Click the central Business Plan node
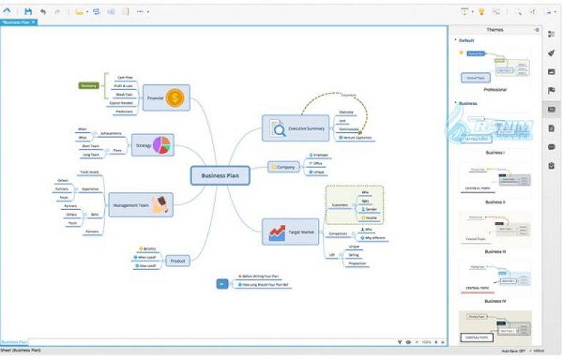pyautogui.click(x=220, y=176)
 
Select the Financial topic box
pyautogui.click(x=156, y=97)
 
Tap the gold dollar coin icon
pyautogui.click(x=175, y=98)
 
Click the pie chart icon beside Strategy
pyautogui.click(x=162, y=145)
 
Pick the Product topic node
pyautogui.click(x=178, y=261)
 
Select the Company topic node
pyautogui.click(x=283, y=167)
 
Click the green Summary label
pyautogui.click(x=89, y=86)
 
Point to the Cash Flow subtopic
pyautogui.click(x=124, y=77)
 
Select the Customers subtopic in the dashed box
pyautogui.click(x=339, y=206)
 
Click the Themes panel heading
pyautogui.click(x=494, y=30)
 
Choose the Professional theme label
pyautogui.click(x=494, y=90)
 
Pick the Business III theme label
pyautogui.click(x=494, y=251)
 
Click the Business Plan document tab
pyautogui.click(x=19, y=22)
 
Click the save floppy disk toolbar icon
pyautogui.click(x=29, y=11)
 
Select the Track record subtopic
pyautogui.click(x=89, y=172)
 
